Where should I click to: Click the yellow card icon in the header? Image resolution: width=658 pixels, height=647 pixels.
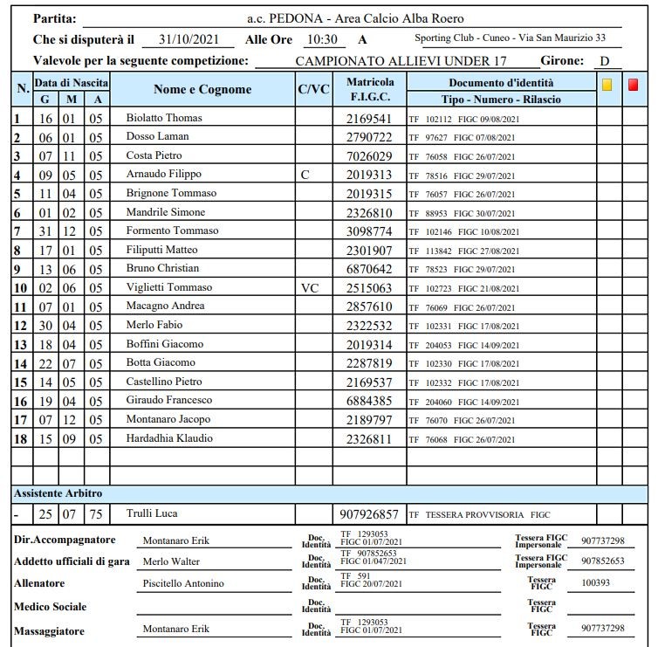(x=607, y=85)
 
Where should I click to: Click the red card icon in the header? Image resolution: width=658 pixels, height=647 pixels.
(x=633, y=85)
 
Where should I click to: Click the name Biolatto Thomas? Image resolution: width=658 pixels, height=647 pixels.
(x=164, y=118)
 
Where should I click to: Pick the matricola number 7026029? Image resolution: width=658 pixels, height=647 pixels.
(x=368, y=155)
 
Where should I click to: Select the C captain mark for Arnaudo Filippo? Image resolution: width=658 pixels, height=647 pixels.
(x=305, y=175)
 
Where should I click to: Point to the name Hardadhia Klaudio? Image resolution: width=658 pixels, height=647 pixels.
(x=169, y=437)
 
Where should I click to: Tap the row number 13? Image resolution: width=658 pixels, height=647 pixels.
(x=20, y=344)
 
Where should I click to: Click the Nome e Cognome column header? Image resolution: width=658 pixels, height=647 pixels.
(x=202, y=89)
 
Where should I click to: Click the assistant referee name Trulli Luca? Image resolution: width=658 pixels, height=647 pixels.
(x=152, y=513)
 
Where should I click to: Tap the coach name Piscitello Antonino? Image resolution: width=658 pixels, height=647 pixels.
(x=182, y=583)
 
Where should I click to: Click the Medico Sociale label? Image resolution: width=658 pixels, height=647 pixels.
(x=50, y=606)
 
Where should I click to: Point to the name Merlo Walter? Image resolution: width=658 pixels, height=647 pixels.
(x=171, y=561)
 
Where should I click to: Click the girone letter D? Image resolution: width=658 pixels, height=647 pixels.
(x=603, y=61)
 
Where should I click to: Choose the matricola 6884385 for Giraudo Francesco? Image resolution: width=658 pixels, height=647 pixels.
(x=368, y=400)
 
